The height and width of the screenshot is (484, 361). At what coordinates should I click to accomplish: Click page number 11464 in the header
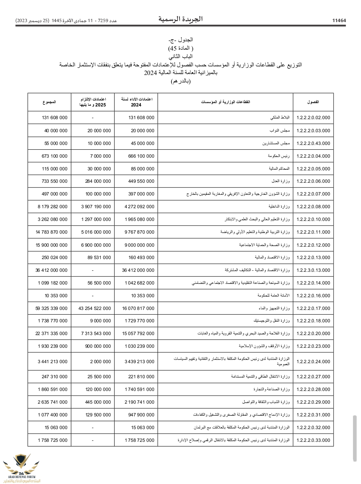click(339, 20)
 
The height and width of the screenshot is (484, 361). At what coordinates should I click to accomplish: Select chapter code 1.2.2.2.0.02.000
click(313, 118)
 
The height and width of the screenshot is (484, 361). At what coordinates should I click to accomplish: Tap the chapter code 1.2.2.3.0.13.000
click(313, 270)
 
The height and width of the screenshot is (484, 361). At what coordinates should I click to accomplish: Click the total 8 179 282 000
click(52, 207)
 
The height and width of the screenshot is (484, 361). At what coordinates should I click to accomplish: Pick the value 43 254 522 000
click(95, 308)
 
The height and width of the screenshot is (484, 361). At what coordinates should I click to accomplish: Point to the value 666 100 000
click(141, 156)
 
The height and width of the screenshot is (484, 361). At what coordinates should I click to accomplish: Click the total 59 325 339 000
click(51, 308)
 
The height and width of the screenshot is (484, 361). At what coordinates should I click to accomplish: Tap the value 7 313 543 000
click(96, 333)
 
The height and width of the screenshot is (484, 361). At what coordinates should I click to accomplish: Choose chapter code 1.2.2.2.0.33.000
click(313, 440)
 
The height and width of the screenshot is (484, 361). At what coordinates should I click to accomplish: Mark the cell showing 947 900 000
click(141, 415)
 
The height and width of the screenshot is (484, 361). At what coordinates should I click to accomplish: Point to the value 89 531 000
click(99, 257)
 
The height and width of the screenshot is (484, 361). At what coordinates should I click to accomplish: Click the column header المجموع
click(49, 102)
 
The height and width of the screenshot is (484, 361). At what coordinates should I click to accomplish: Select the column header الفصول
click(313, 102)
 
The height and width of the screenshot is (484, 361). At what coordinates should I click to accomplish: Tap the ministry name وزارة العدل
click(281, 181)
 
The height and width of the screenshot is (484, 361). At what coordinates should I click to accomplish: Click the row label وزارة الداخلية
click(279, 207)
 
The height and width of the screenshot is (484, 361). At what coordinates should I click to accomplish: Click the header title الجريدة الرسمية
click(180, 19)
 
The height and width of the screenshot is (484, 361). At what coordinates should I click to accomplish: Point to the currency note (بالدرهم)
click(180, 81)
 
